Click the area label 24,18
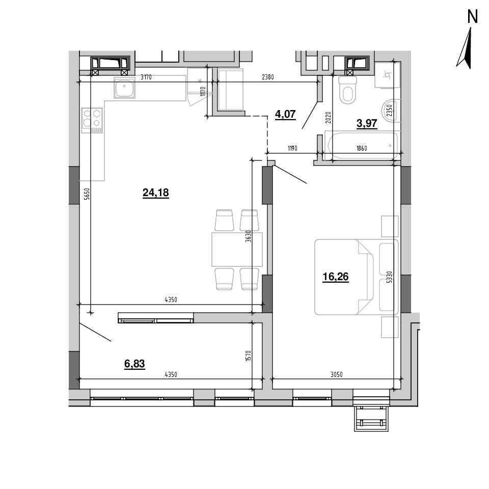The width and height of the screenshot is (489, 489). (x=156, y=193)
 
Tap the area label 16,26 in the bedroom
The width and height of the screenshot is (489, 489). (x=336, y=277)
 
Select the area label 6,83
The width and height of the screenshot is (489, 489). (x=134, y=364)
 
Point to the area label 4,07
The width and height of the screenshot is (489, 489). (x=285, y=114)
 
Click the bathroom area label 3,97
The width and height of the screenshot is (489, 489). (x=367, y=123)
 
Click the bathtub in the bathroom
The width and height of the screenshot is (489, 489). (x=362, y=145)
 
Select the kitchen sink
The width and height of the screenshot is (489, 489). (x=124, y=88)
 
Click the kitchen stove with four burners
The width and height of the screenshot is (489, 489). (x=92, y=120)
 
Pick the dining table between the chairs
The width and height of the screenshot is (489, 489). (x=237, y=250)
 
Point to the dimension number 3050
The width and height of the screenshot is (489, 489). (x=337, y=374)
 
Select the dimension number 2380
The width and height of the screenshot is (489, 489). (x=268, y=77)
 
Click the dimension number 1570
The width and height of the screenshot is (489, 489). (x=248, y=356)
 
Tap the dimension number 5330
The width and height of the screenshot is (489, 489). (x=389, y=277)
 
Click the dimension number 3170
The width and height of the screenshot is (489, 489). (x=146, y=77)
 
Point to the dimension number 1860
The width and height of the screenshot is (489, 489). (x=362, y=148)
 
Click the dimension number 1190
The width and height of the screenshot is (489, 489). (x=292, y=148)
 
